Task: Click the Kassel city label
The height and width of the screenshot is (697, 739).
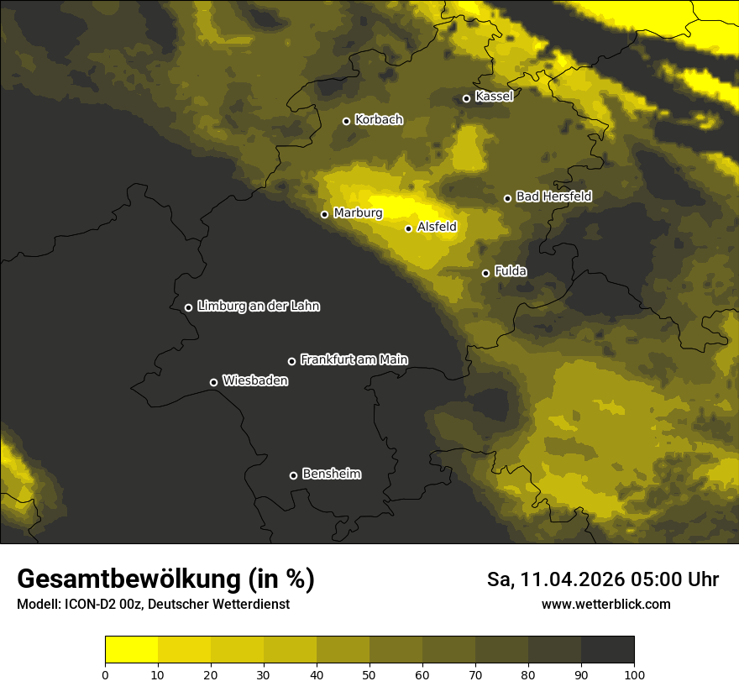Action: (494, 97)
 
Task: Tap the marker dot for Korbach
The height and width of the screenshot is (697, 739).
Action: (346, 121)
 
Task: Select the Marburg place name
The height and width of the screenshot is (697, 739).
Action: (358, 213)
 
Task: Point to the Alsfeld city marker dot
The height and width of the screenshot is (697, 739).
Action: (408, 228)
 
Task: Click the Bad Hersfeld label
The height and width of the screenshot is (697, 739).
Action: (553, 197)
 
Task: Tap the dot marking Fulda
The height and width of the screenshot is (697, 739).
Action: (485, 273)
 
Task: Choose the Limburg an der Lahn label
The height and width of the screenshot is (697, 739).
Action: (258, 307)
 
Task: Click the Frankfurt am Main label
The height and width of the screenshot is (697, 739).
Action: (354, 359)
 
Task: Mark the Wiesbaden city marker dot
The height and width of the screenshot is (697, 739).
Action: (213, 382)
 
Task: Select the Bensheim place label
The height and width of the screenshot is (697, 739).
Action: (331, 474)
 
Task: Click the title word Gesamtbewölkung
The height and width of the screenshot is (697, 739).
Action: (131, 579)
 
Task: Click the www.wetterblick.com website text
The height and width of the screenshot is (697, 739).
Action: (605, 605)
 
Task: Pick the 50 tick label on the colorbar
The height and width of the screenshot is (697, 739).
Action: (369, 674)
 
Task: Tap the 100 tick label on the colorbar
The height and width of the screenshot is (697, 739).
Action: (634, 674)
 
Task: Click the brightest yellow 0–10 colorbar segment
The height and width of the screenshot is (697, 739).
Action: (131, 650)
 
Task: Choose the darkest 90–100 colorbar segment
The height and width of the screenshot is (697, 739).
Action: (607, 650)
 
